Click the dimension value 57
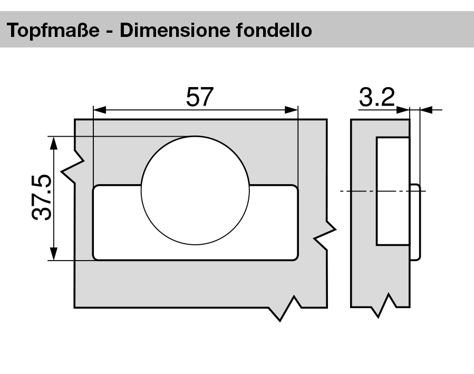point(200,97)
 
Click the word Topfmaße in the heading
point(56,31)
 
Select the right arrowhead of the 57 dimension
point(293,110)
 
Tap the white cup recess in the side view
point(392,191)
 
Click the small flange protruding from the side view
point(415,221)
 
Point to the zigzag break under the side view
point(384,306)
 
